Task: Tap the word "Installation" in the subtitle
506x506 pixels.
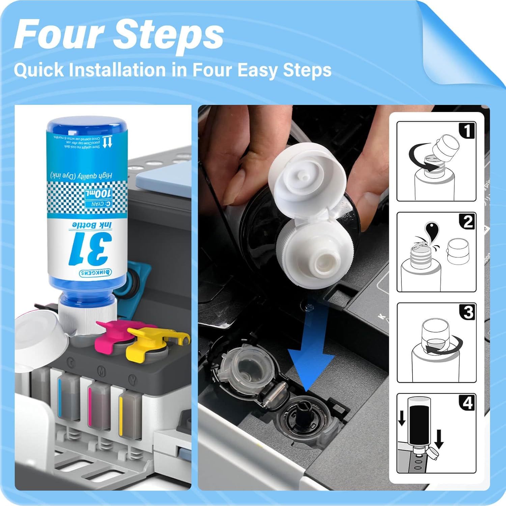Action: tap(117, 70)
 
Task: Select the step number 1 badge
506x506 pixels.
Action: tap(467, 131)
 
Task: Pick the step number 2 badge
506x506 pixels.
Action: tap(467, 222)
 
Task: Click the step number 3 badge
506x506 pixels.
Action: tap(468, 312)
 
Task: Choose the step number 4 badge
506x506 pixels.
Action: tap(467, 403)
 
